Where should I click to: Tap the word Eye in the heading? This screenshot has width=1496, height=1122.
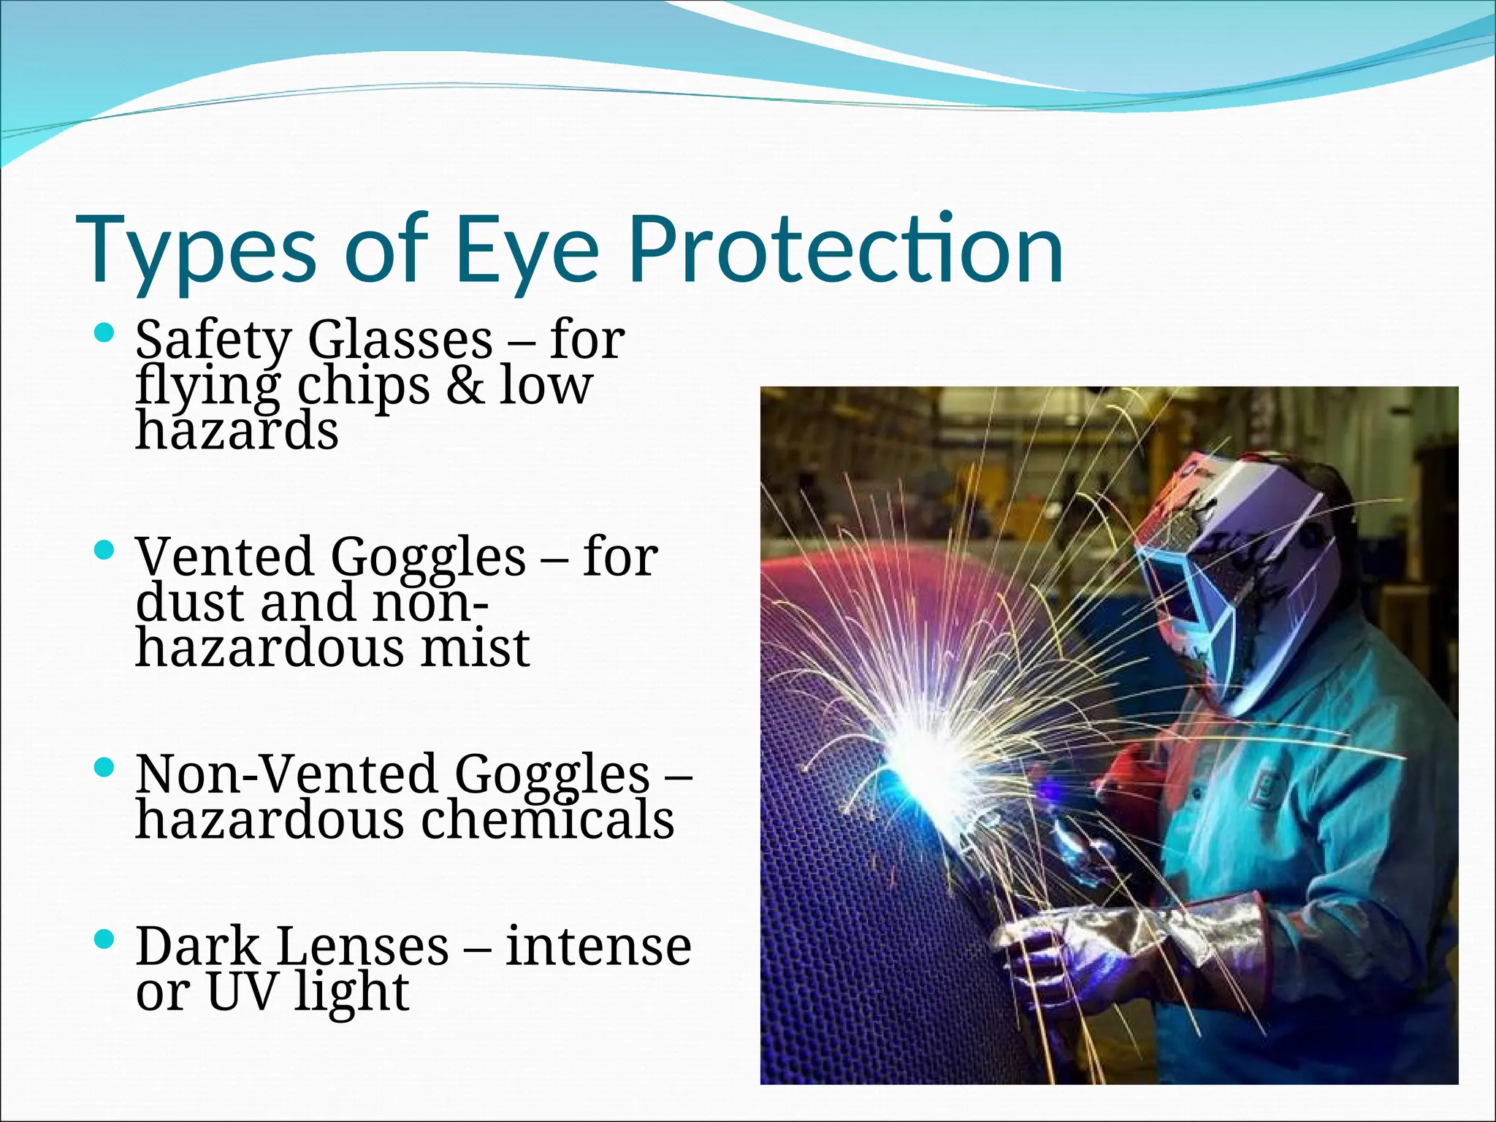(x=527, y=250)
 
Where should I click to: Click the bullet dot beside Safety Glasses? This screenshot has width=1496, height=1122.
(x=105, y=335)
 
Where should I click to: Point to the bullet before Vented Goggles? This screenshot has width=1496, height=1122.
(x=105, y=549)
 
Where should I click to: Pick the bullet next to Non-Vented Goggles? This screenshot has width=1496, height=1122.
(x=105, y=767)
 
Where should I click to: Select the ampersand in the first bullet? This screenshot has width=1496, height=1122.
(x=465, y=386)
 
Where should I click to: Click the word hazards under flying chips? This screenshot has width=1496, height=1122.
(x=237, y=431)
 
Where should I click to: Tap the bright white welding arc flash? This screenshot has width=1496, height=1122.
(x=928, y=760)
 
